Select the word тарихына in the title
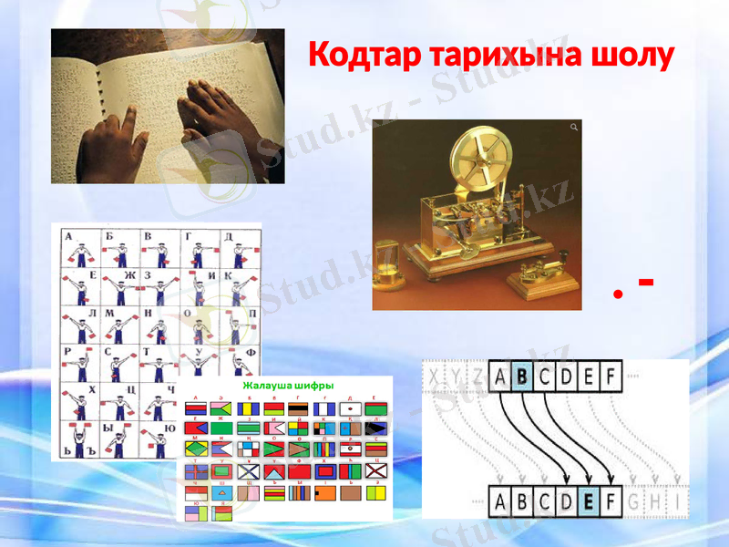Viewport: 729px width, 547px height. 498,56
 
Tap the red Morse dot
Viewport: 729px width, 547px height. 619,294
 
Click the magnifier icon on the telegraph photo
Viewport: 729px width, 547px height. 573,128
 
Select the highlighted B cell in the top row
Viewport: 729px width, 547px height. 522,375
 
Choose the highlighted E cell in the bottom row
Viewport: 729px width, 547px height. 588,501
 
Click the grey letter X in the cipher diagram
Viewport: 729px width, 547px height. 436,375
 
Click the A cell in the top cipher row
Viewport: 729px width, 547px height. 500,375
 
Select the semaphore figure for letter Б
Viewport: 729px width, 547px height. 118,251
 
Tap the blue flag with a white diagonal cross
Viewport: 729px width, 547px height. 249,472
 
